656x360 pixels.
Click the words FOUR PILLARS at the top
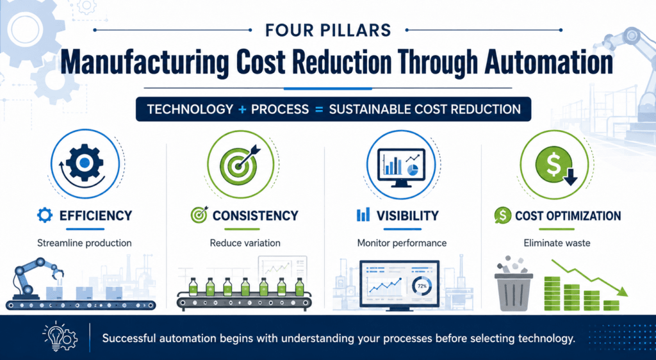click(x=328, y=30)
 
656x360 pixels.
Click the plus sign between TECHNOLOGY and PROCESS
click(x=242, y=110)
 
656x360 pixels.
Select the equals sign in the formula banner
click(x=319, y=110)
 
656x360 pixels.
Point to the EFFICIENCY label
click(x=95, y=216)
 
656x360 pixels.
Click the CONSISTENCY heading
click(x=255, y=216)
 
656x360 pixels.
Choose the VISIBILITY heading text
click(x=407, y=216)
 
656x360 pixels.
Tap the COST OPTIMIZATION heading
click(x=568, y=216)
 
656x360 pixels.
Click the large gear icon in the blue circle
click(x=85, y=163)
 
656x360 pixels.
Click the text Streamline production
click(x=84, y=243)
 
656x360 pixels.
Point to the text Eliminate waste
click(x=557, y=243)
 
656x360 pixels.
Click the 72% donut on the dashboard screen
click(x=422, y=287)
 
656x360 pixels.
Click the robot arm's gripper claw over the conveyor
click(x=57, y=275)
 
